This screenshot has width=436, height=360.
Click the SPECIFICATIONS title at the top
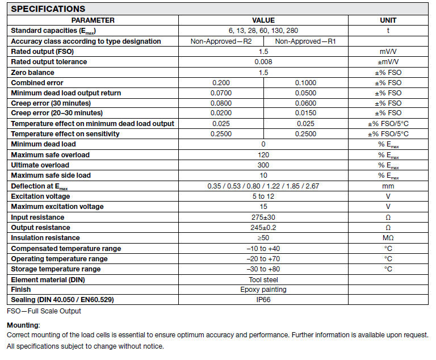(x=48, y=9)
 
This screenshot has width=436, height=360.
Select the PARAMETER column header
(x=93, y=20)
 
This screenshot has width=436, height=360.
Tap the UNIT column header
(x=388, y=20)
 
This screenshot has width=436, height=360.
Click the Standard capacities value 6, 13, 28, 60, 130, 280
(x=263, y=31)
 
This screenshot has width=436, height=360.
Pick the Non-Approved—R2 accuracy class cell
(x=221, y=41)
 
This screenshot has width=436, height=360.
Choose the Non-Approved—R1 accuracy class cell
(x=305, y=41)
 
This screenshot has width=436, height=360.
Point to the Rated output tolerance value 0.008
(x=263, y=62)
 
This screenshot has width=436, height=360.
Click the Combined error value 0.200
(x=221, y=83)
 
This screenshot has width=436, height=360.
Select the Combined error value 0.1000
(x=305, y=83)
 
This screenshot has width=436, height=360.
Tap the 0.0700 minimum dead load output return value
(x=221, y=93)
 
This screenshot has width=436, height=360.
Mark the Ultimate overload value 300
(x=263, y=165)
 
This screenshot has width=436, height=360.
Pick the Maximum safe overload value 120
(x=263, y=155)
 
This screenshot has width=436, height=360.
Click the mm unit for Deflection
(x=388, y=186)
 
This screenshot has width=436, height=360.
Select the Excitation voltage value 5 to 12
(x=263, y=196)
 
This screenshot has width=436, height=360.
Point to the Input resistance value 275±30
(x=263, y=217)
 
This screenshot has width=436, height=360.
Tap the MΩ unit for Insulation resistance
(x=388, y=238)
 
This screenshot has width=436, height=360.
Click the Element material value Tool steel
(x=263, y=279)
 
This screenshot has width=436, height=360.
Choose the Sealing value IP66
(x=263, y=300)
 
